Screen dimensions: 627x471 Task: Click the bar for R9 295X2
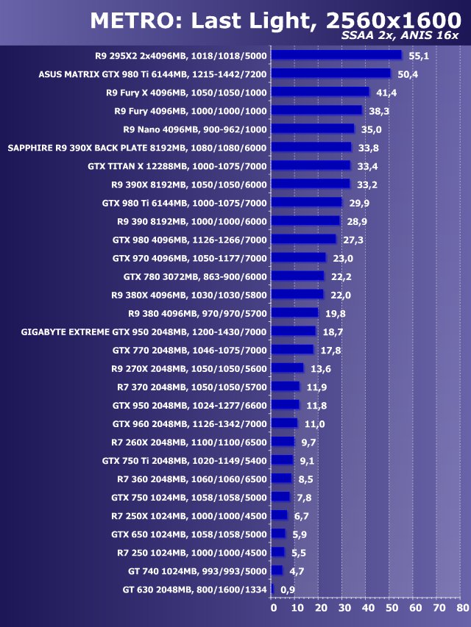tap(337, 55)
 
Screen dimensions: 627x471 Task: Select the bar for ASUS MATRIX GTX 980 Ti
tap(331, 74)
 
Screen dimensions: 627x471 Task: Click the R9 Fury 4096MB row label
tap(191, 110)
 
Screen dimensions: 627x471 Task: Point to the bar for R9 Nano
tap(313, 129)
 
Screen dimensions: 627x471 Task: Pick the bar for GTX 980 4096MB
tap(304, 239)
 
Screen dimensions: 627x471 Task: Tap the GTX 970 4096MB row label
tap(190, 257)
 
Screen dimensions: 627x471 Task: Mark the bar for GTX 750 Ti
tap(283, 460)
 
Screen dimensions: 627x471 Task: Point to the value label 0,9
tap(288, 589)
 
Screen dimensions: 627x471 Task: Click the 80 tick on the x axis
tap(461, 609)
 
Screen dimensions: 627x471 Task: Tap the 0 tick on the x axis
tap(273, 609)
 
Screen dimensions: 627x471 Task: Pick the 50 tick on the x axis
tap(391, 609)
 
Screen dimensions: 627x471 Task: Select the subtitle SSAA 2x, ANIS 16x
tap(400, 36)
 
